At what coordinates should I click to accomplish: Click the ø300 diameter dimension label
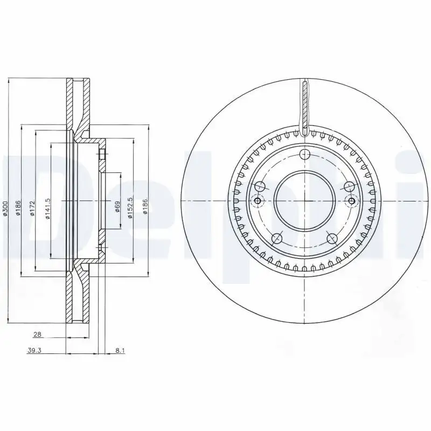5,208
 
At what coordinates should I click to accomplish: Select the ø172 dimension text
32,208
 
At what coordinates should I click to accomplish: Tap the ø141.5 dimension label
47,208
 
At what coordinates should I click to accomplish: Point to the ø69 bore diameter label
117,206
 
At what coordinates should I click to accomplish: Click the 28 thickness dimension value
37,334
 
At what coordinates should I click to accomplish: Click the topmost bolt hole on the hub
305,156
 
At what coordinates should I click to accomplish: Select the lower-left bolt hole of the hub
277,238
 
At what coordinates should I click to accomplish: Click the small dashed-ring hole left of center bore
258,201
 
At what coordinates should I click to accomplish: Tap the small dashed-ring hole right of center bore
352,201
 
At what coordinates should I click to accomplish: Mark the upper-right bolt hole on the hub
349,187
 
